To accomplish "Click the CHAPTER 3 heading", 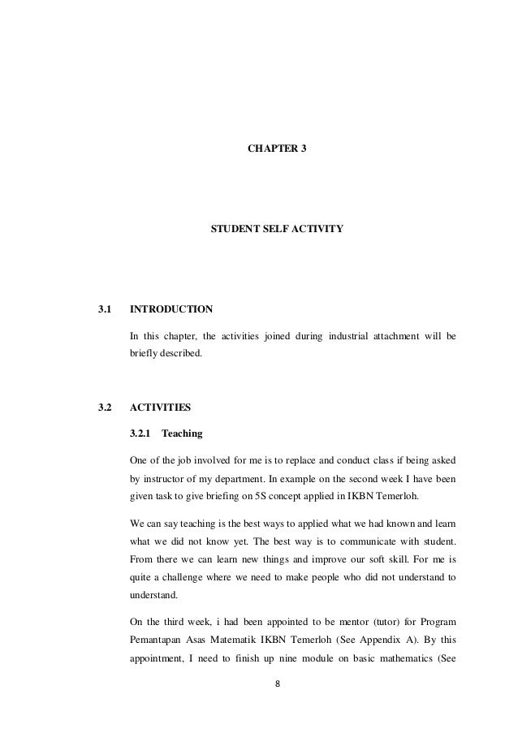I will (x=277, y=150).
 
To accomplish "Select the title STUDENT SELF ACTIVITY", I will (x=277, y=231).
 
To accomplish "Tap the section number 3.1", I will (x=104, y=310).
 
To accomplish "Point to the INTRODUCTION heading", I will (x=171, y=310).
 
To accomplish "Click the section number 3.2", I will (x=104, y=406).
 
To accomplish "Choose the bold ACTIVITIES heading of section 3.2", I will (x=162, y=406).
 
